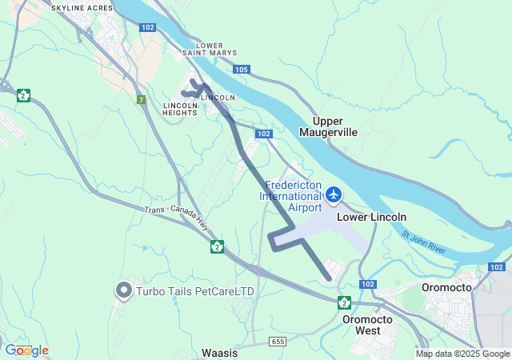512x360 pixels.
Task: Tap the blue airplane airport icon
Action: [x=334, y=194]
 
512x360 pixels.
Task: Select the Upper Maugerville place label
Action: [x=328, y=126]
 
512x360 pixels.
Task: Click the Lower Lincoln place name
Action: [x=371, y=217]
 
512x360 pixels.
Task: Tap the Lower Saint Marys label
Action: [x=210, y=50]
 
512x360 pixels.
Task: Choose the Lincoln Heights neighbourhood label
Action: [x=180, y=109]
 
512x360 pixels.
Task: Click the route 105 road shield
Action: [x=242, y=70]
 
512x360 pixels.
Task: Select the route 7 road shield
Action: [x=141, y=99]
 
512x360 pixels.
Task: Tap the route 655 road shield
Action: [x=278, y=342]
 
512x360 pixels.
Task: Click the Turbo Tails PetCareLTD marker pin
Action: [x=124, y=290]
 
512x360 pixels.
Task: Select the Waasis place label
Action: [x=220, y=352]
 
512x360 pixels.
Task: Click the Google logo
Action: [x=26, y=350]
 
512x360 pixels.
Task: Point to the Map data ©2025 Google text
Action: [x=461, y=354]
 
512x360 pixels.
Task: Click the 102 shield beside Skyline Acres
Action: [x=147, y=27]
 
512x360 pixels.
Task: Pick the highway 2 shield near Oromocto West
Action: [x=344, y=302]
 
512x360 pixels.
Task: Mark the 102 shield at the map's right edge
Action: [x=497, y=267]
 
